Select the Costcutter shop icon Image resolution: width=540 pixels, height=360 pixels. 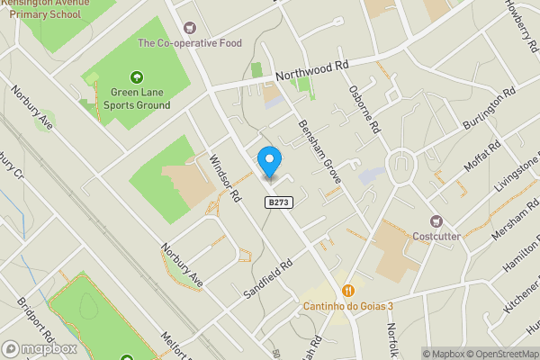coord(436,221)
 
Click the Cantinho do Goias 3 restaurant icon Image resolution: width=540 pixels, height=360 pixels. coord(347,290)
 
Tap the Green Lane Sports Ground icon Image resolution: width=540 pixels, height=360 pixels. coord(137,77)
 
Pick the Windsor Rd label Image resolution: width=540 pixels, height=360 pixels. coord(226,177)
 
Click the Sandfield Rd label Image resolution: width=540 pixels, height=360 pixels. coord(269,281)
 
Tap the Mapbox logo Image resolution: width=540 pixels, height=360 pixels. coord(38,349)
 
